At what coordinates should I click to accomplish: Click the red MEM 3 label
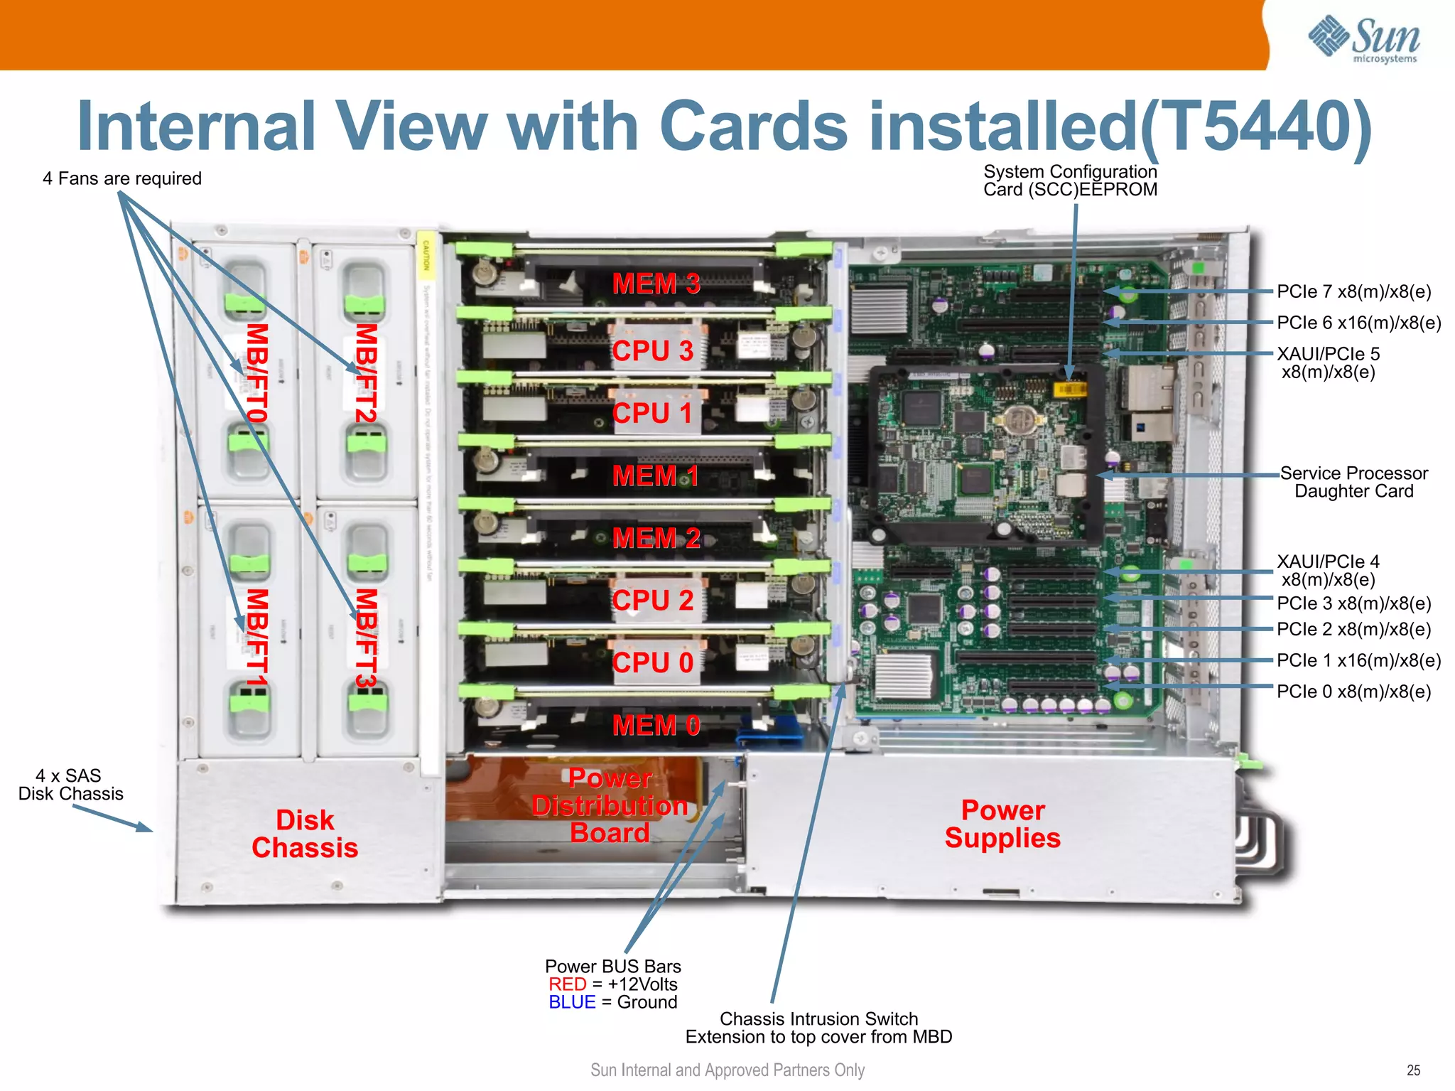[656, 284]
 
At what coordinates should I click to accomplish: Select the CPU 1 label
[652, 413]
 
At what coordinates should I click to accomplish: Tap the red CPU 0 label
[652, 662]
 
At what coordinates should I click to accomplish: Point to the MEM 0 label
[656, 725]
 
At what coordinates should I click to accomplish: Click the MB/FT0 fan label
[256, 372]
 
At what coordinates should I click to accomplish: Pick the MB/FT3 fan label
[365, 638]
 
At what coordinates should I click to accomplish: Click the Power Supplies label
[1002, 824]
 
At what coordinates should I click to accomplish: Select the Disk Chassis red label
[305, 834]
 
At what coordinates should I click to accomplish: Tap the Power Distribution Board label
[610, 805]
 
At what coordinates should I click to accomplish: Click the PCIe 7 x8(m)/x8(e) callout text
[1353, 291]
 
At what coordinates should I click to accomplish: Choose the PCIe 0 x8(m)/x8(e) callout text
[1353, 692]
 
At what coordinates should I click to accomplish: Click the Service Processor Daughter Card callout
[1353, 482]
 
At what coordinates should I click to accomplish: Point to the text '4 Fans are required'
[121, 178]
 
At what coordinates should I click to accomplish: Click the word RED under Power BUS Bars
[567, 984]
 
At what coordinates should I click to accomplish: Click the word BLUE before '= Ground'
[571, 1002]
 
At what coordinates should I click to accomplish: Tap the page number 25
[1413, 1070]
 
